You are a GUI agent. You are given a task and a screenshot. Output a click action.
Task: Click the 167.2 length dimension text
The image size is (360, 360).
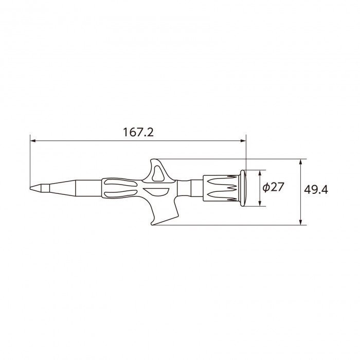click(138, 132)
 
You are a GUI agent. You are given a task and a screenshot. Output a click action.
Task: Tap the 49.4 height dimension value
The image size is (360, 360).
click(316, 190)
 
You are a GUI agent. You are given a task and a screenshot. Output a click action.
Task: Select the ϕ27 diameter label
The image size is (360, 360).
click(273, 187)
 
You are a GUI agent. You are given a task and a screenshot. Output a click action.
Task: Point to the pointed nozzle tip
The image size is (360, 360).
click(30, 188)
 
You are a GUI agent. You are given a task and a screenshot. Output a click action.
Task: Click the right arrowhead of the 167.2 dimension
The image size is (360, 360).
click(243, 140)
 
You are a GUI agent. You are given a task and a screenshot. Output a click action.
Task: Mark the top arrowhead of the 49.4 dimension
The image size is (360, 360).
click(300, 161)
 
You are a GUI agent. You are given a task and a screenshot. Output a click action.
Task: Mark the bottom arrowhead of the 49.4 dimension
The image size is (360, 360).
click(300, 222)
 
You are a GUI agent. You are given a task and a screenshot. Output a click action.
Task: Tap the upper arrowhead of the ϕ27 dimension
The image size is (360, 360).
click(260, 173)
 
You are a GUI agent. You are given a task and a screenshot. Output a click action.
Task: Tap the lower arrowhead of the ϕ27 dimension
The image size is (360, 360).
click(260, 203)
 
